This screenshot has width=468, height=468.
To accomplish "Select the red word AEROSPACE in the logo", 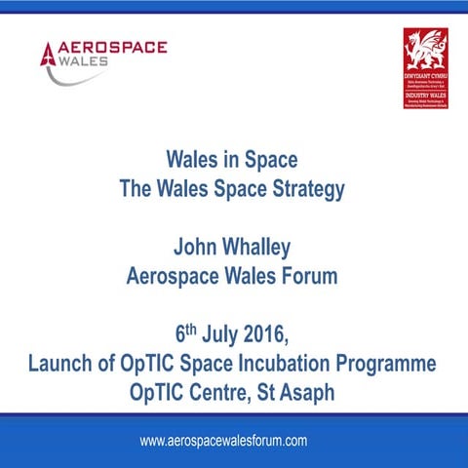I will (x=114, y=47).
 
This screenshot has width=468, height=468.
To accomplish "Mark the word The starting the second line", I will (x=136, y=190).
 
